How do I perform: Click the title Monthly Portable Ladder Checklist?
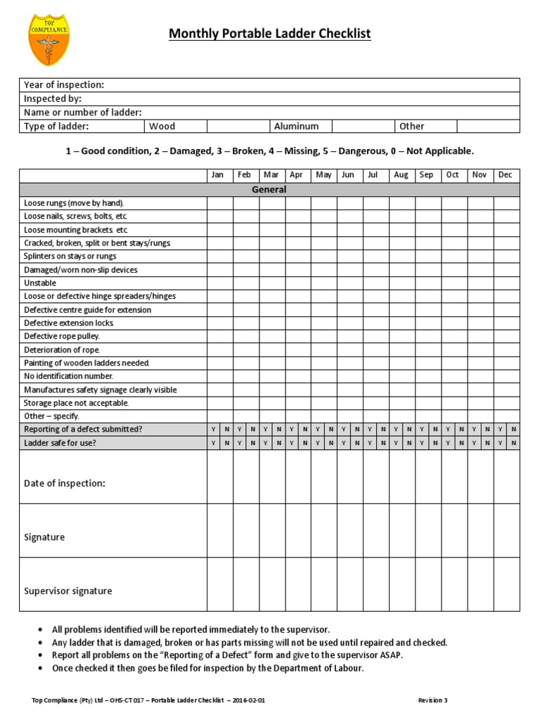(269, 34)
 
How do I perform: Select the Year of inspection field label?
(64, 85)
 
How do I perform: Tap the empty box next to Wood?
(238, 126)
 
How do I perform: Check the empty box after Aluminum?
(363, 126)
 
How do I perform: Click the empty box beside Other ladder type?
(488, 126)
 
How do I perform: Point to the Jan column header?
(219, 175)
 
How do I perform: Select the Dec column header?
(506, 175)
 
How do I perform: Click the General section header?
(269, 189)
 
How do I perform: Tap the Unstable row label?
(40, 283)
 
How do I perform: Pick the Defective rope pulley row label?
(62, 336)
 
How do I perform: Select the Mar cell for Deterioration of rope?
(271, 349)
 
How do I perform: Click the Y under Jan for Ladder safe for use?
(213, 442)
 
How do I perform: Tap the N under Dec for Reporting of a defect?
(513, 429)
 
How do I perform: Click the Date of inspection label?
(65, 484)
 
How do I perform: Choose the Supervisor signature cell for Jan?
(219, 584)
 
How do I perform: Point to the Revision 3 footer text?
(432, 700)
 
